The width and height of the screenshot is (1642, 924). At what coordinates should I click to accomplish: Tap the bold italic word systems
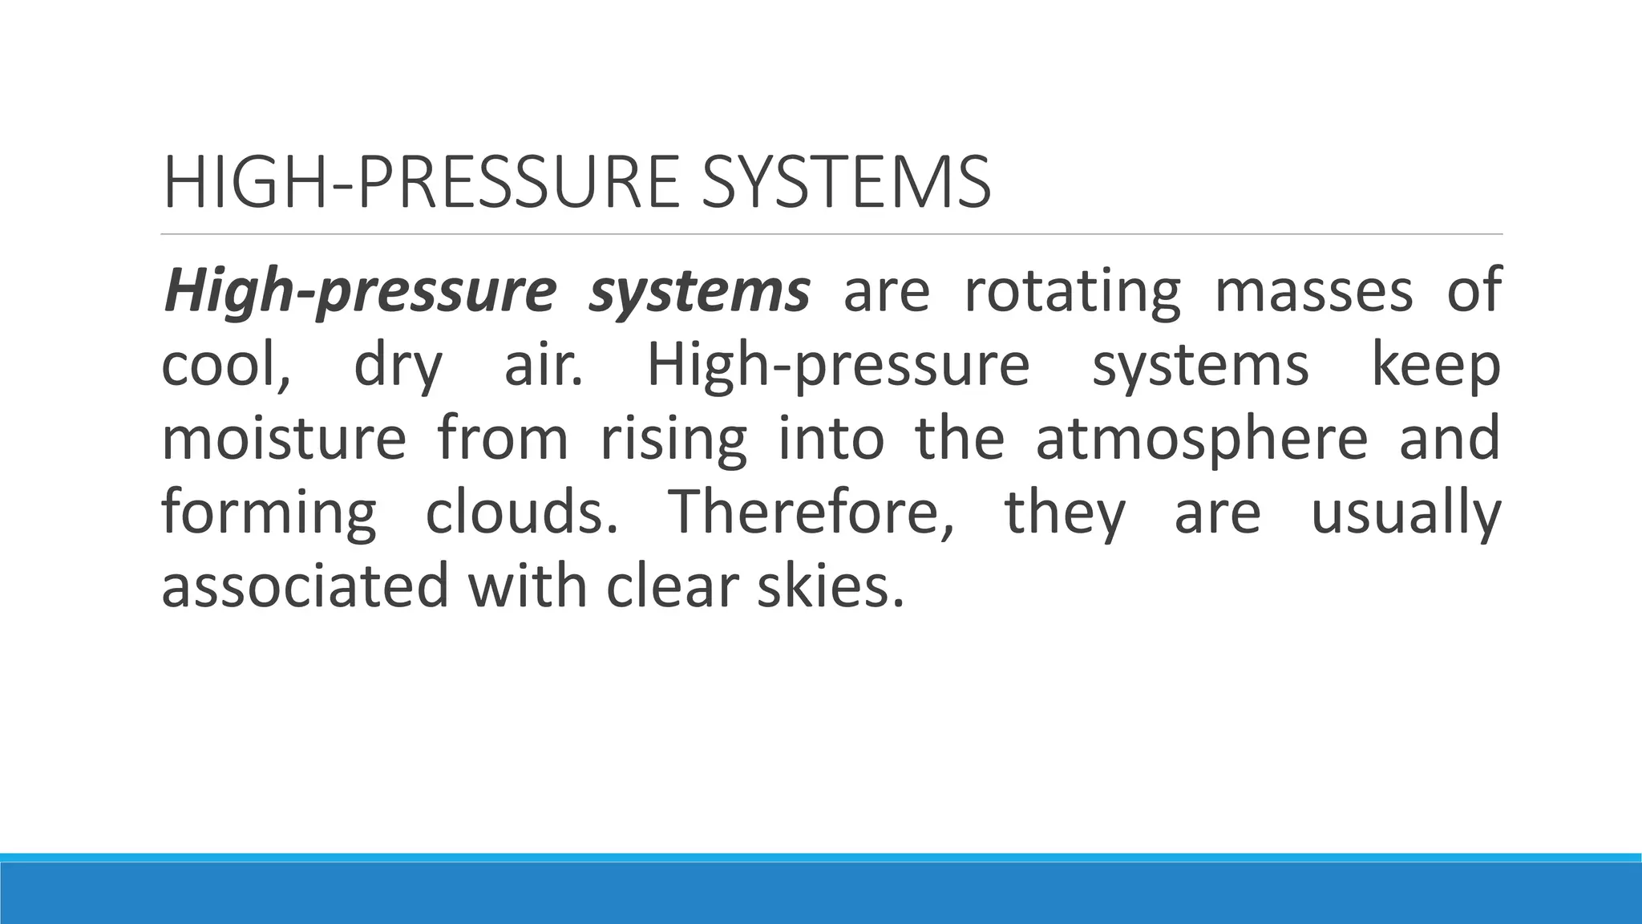click(x=698, y=292)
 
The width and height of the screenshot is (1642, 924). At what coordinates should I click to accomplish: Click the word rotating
click(x=1072, y=292)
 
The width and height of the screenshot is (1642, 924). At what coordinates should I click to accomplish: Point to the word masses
click(x=1313, y=292)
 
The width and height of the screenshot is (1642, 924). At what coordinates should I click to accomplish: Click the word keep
click(x=1435, y=366)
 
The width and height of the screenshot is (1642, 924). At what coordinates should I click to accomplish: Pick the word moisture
click(x=284, y=439)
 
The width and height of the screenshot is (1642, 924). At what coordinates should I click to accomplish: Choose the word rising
click(x=673, y=440)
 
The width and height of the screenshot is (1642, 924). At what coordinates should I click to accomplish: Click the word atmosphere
click(x=1201, y=440)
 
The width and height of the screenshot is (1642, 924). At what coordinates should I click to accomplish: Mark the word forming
click(x=269, y=514)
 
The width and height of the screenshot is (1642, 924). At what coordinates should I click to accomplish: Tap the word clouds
click(x=521, y=513)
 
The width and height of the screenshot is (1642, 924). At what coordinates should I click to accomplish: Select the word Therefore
click(x=811, y=513)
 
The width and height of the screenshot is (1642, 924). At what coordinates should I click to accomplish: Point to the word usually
click(x=1405, y=514)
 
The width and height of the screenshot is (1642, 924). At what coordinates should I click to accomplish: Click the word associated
click(x=305, y=586)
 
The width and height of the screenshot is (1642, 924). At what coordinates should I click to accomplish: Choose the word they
click(x=1065, y=514)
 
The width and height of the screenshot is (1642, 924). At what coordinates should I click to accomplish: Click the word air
click(x=543, y=366)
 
